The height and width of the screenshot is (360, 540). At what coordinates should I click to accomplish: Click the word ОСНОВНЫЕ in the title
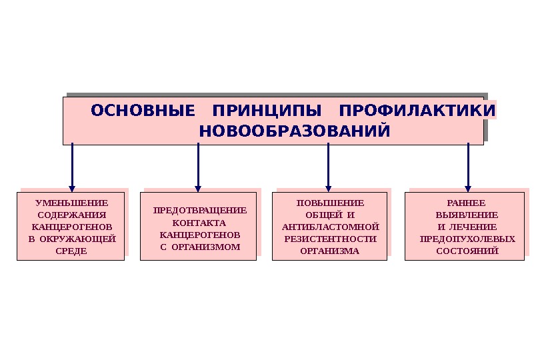click(143, 109)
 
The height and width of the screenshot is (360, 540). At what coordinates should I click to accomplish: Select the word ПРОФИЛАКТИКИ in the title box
click(417, 109)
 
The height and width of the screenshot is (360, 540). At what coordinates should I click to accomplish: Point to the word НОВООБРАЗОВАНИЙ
click(295, 131)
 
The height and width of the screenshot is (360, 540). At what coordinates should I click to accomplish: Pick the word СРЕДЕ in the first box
click(71, 251)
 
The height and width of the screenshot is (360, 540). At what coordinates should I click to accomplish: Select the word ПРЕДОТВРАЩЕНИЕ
click(199, 210)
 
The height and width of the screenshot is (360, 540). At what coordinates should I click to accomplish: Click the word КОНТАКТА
click(199, 223)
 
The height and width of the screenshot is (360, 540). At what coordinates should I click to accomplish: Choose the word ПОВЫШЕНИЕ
click(330, 203)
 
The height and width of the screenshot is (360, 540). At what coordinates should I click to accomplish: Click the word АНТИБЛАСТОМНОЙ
click(330, 227)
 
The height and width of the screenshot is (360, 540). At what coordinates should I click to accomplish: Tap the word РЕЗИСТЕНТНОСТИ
click(330, 239)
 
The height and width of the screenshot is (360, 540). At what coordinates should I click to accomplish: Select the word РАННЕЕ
click(467, 203)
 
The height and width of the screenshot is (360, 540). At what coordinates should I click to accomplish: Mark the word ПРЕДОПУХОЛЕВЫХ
click(467, 239)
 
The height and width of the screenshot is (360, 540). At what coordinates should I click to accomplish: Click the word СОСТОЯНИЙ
click(467, 251)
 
